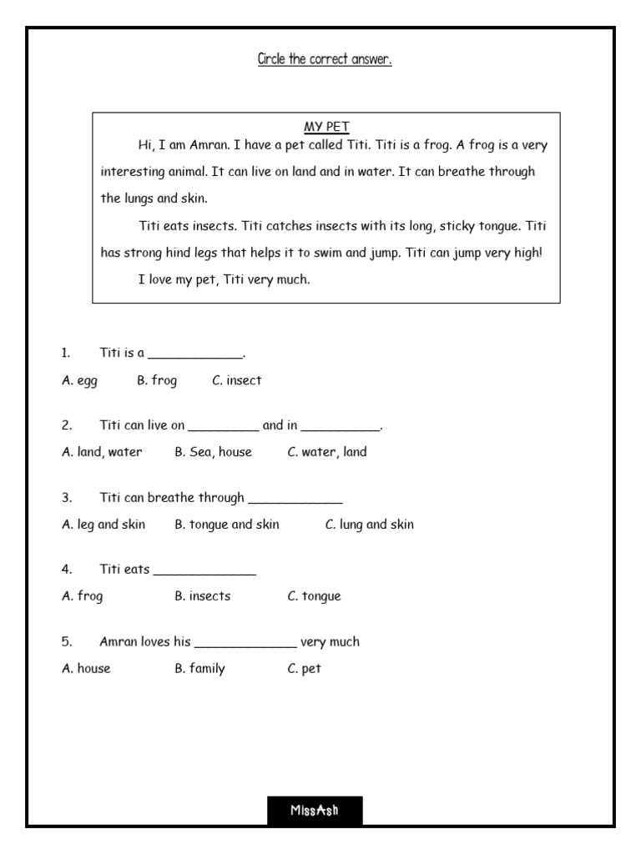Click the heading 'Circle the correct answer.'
[x=325, y=60]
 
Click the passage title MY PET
[x=326, y=127]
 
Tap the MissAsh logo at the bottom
[x=315, y=810]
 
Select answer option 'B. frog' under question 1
[x=157, y=380]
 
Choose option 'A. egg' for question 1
[x=79, y=380]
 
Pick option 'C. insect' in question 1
[x=237, y=380]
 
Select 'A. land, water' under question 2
[x=102, y=452]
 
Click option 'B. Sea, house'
[x=213, y=452]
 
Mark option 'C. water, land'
[x=327, y=452]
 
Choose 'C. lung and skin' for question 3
[x=369, y=525]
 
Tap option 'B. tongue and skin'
[x=227, y=525]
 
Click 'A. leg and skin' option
[x=103, y=525]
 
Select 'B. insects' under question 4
[x=203, y=596]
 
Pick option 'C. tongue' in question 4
[x=315, y=596]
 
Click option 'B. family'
[x=200, y=669]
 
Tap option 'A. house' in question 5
[x=86, y=669]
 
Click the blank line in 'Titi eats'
[x=204, y=573]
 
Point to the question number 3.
[x=66, y=498]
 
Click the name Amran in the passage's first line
[x=209, y=145]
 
